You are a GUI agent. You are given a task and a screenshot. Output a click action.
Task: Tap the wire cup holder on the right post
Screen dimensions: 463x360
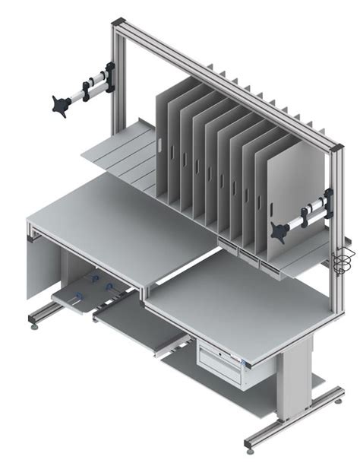pos(343,259)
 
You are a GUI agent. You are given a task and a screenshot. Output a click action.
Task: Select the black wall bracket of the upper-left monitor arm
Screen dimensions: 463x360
pos(109,78)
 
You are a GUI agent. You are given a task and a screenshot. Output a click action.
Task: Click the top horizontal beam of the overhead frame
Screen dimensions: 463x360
pos(228,84)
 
